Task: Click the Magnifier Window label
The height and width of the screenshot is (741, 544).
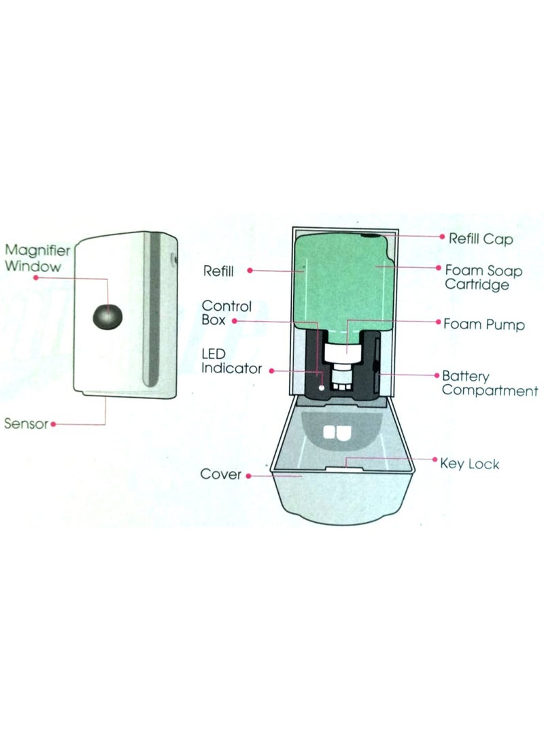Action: [37, 258]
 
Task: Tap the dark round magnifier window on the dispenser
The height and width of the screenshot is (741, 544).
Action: [107, 317]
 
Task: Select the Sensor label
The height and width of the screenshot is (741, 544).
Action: [26, 424]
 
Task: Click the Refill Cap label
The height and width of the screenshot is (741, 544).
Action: [481, 239]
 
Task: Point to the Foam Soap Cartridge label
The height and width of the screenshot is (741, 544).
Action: [483, 277]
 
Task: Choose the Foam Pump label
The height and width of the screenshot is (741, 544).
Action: [483, 324]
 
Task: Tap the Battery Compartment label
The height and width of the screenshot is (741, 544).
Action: [490, 383]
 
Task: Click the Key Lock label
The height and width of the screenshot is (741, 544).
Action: [469, 464]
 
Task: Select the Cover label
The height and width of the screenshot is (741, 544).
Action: [221, 474]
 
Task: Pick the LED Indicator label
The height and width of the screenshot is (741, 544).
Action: [231, 362]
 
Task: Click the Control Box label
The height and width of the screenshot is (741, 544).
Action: [226, 313]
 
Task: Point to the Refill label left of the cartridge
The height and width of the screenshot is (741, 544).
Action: [218, 271]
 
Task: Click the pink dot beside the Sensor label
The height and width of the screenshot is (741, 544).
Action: [54, 424]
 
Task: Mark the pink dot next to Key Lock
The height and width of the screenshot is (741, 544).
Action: [435, 460]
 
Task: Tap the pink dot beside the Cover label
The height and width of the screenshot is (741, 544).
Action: [249, 476]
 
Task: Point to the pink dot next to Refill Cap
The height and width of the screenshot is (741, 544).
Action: [443, 237]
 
